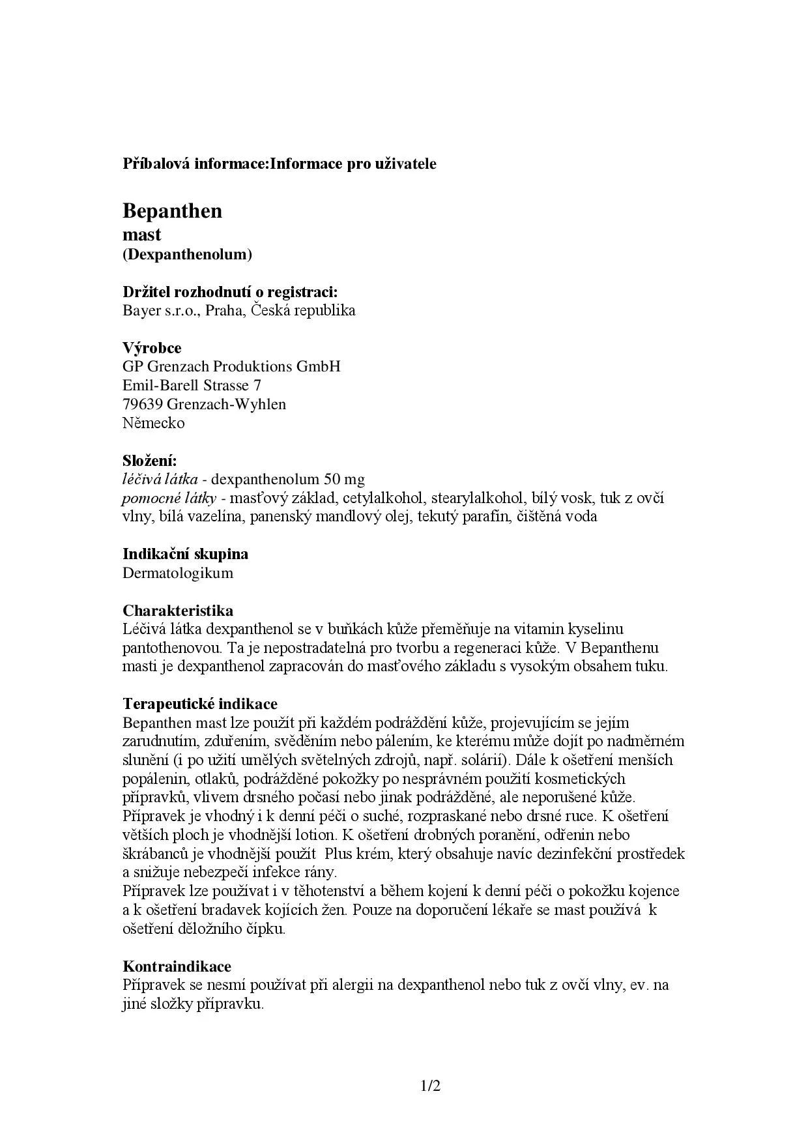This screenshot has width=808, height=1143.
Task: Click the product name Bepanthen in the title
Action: (x=172, y=211)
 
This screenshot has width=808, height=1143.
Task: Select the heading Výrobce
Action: (x=152, y=347)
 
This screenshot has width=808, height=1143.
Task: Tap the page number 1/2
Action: (x=431, y=1086)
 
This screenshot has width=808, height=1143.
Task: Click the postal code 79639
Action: (x=142, y=404)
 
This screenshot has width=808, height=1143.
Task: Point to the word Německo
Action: (x=154, y=423)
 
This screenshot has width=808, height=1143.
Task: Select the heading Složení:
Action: (x=150, y=461)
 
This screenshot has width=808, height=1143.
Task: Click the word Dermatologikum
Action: (x=177, y=573)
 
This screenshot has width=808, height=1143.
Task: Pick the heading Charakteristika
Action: (x=178, y=611)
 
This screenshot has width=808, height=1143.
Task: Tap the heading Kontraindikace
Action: (x=177, y=966)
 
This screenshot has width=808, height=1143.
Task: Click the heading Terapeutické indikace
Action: (x=200, y=704)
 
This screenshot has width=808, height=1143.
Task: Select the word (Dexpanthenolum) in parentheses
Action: (x=187, y=254)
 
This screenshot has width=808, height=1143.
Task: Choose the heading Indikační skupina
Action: (x=186, y=554)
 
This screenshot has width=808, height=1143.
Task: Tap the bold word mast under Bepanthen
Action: (x=141, y=234)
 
